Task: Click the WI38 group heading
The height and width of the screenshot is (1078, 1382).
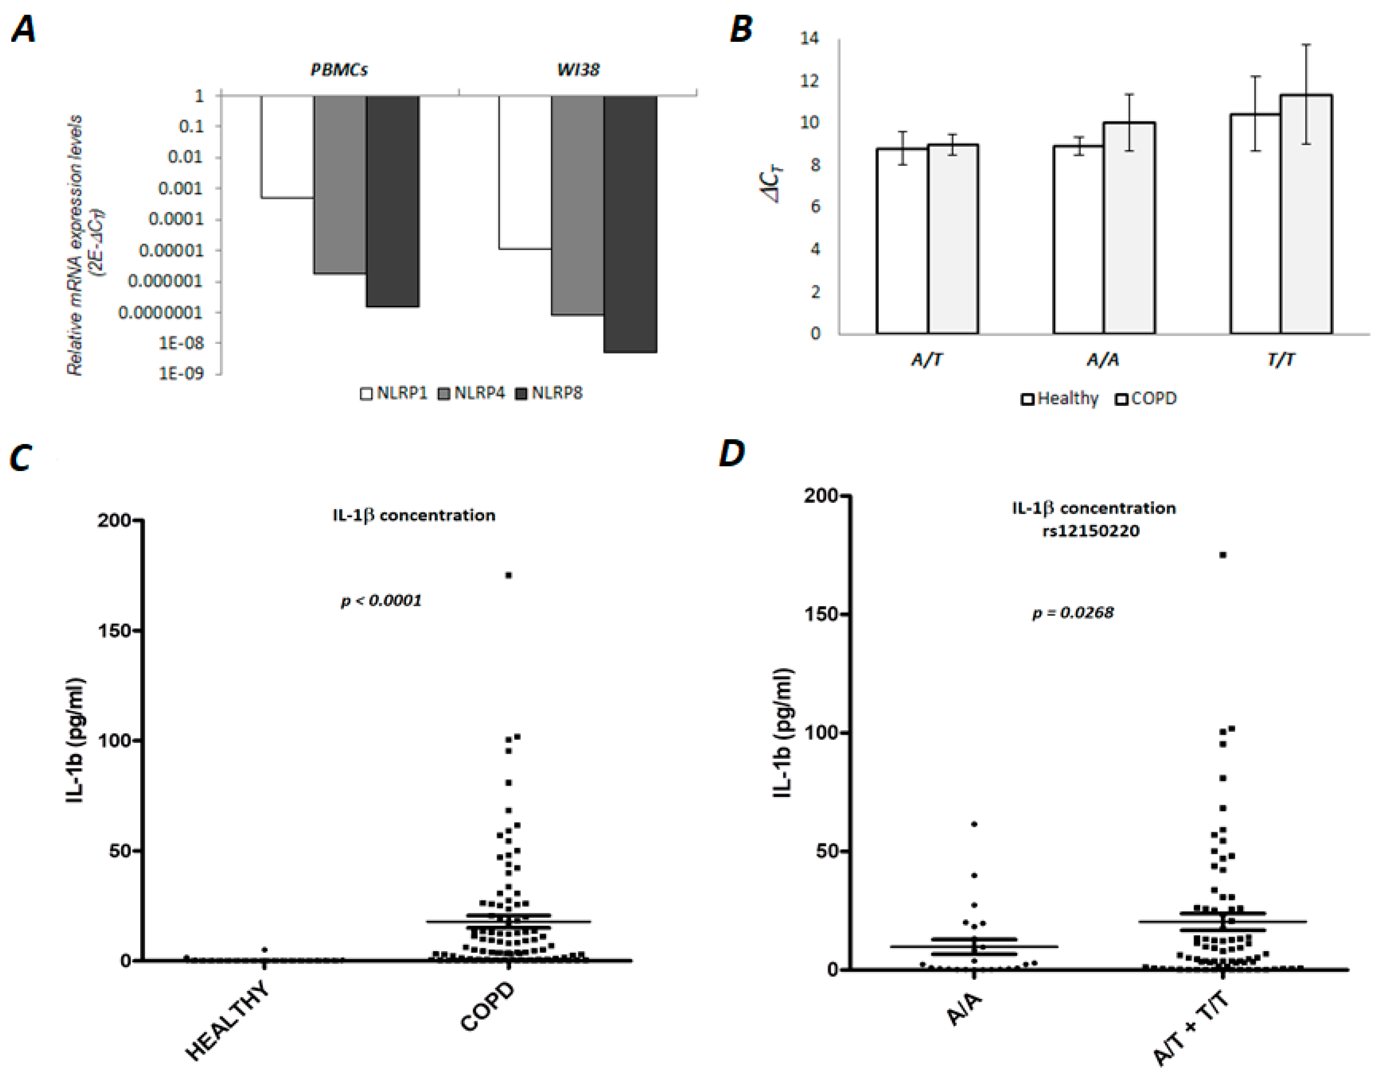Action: (x=578, y=70)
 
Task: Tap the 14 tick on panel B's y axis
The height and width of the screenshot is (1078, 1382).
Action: (x=809, y=39)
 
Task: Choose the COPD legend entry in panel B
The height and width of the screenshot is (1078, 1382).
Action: (x=1146, y=398)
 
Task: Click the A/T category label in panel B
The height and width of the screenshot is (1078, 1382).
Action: (x=927, y=360)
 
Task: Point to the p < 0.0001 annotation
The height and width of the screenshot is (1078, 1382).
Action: (x=381, y=600)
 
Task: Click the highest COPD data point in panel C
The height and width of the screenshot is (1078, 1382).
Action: (x=508, y=575)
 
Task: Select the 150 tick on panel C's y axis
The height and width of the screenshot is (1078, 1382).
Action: (x=114, y=631)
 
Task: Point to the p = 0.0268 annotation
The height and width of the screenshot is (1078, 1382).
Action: (x=1073, y=612)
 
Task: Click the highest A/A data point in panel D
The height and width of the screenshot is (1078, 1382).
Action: (x=974, y=824)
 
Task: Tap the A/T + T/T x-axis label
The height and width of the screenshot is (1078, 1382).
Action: (x=1191, y=1030)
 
